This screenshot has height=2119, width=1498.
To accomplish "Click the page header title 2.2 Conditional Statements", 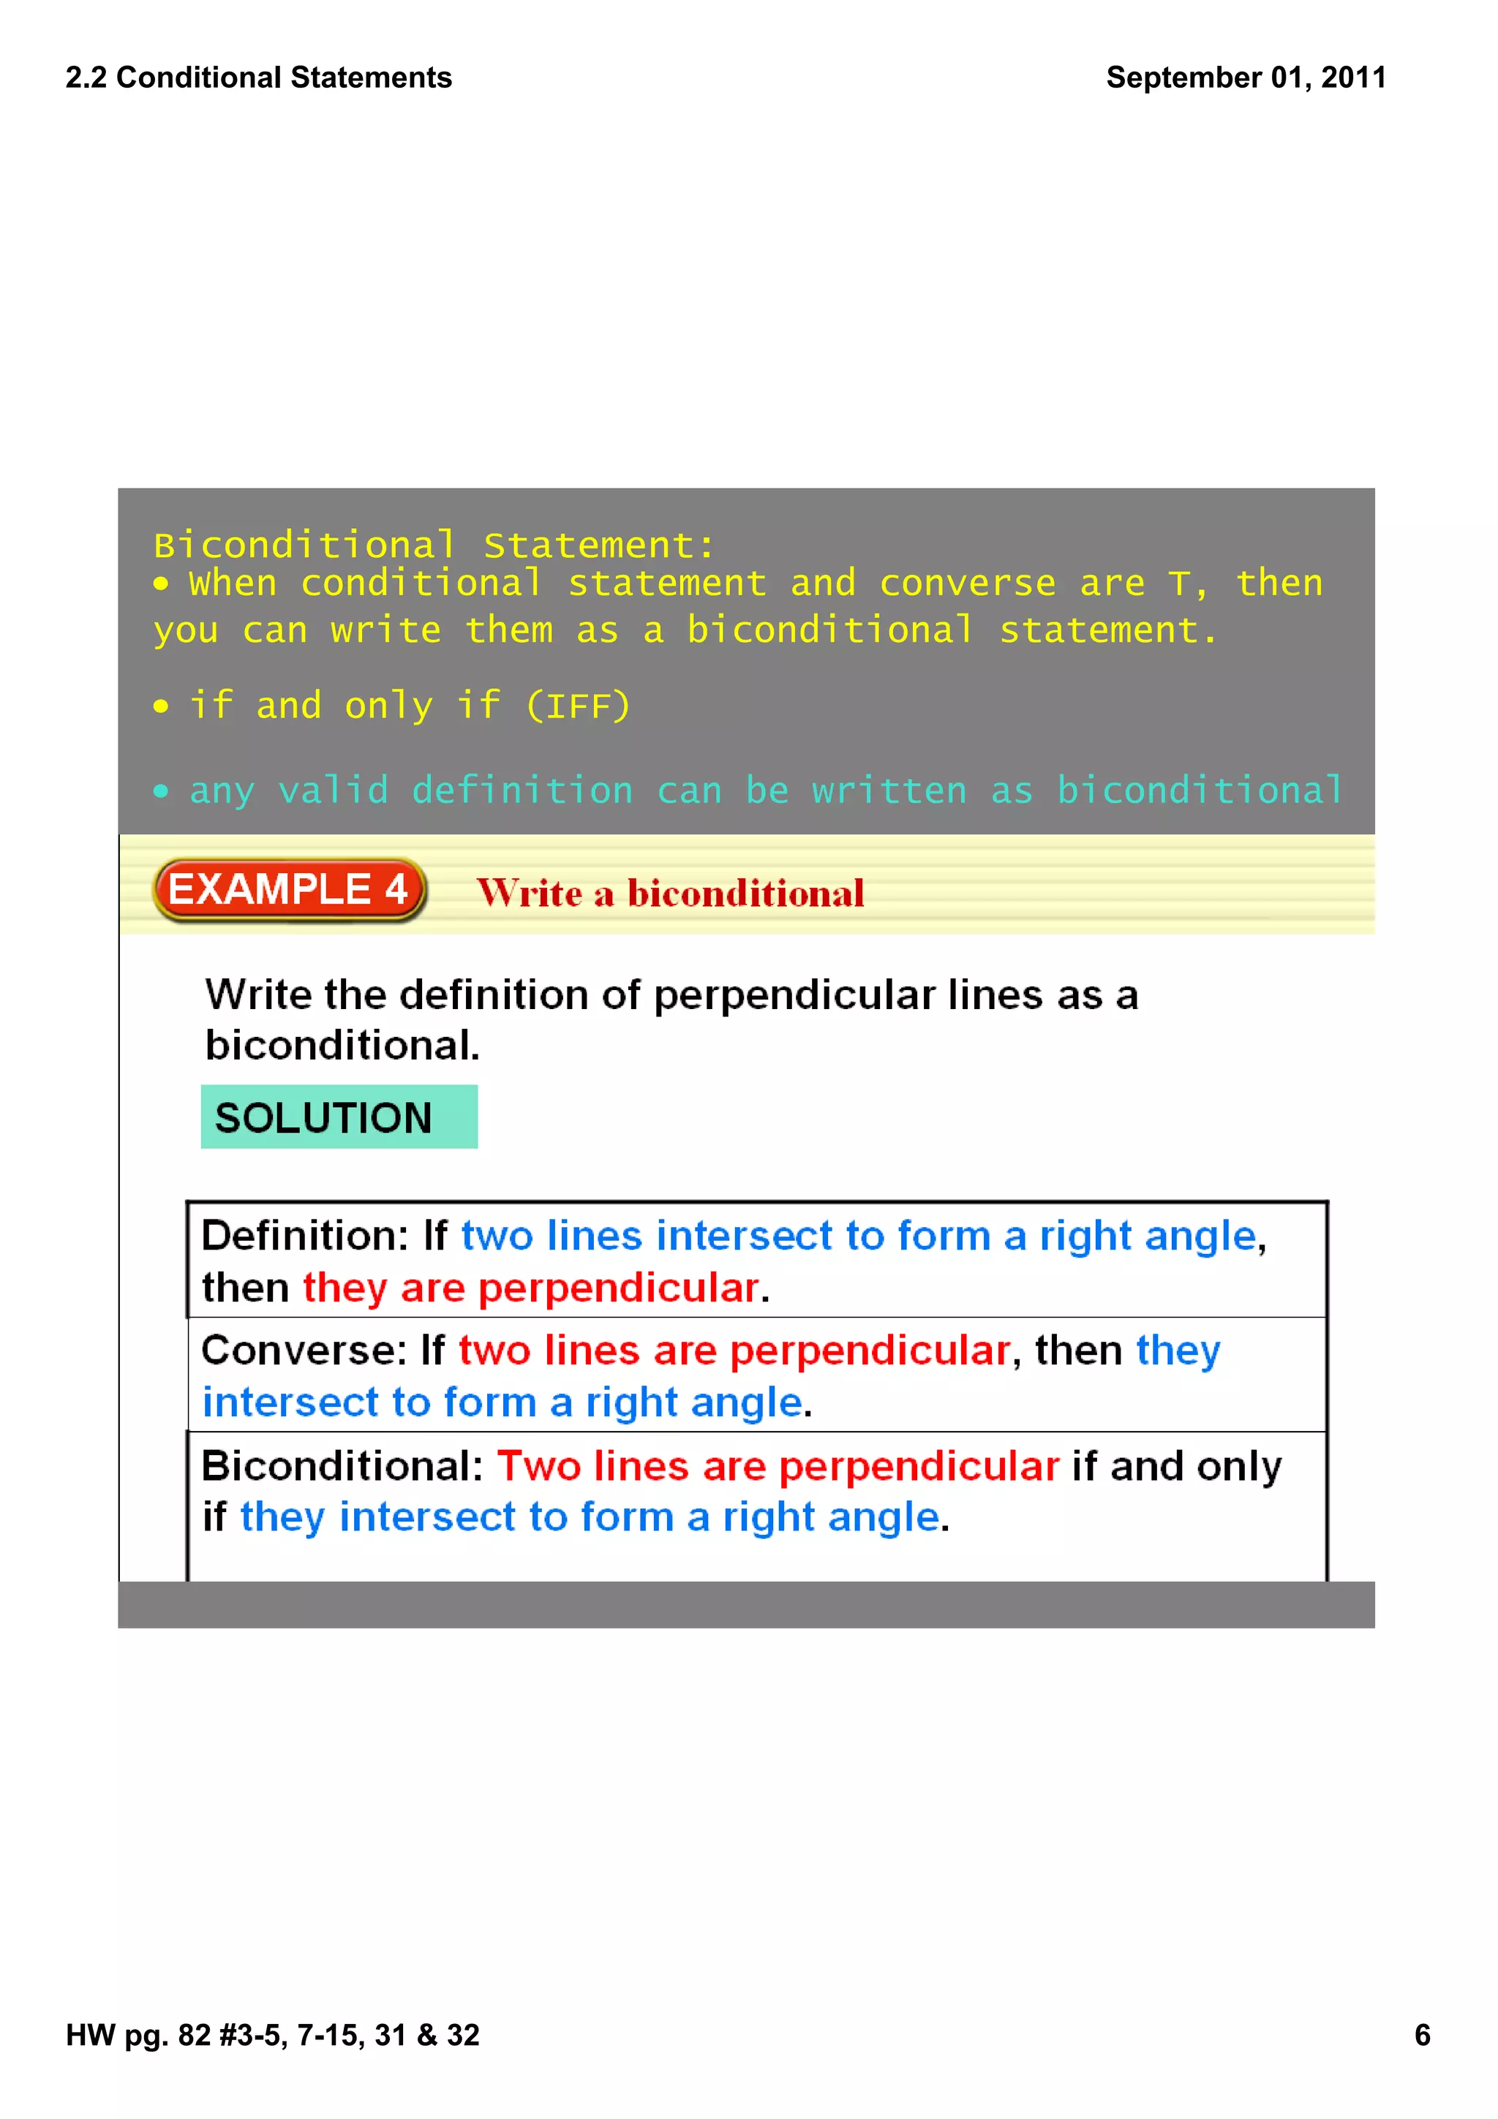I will [x=258, y=78].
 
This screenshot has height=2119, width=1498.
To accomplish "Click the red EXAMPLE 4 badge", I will [x=289, y=890].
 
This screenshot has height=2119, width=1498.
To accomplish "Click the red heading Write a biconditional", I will [x=670, y=894].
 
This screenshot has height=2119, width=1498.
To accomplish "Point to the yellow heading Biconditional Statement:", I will [x=434, y=545].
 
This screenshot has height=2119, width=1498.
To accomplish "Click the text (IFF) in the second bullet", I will [x=578, y=707].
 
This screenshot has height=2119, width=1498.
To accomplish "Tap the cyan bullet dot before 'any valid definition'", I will [x=162, y=791].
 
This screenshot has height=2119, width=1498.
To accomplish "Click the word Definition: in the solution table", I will [x=304, y=1236].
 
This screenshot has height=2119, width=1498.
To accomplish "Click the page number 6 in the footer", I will [x=1421, y=2035].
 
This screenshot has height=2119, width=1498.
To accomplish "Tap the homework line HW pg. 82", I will [x=272, y=2035].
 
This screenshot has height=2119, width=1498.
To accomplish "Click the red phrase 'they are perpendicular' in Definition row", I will [x=531, y=1288].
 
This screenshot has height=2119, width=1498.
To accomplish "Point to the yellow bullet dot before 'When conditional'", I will [x=162, y=584].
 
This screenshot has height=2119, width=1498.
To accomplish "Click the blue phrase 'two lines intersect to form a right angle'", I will [x=859, y=1236].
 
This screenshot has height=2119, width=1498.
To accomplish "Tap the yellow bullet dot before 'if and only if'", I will [x=162, y=707].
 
